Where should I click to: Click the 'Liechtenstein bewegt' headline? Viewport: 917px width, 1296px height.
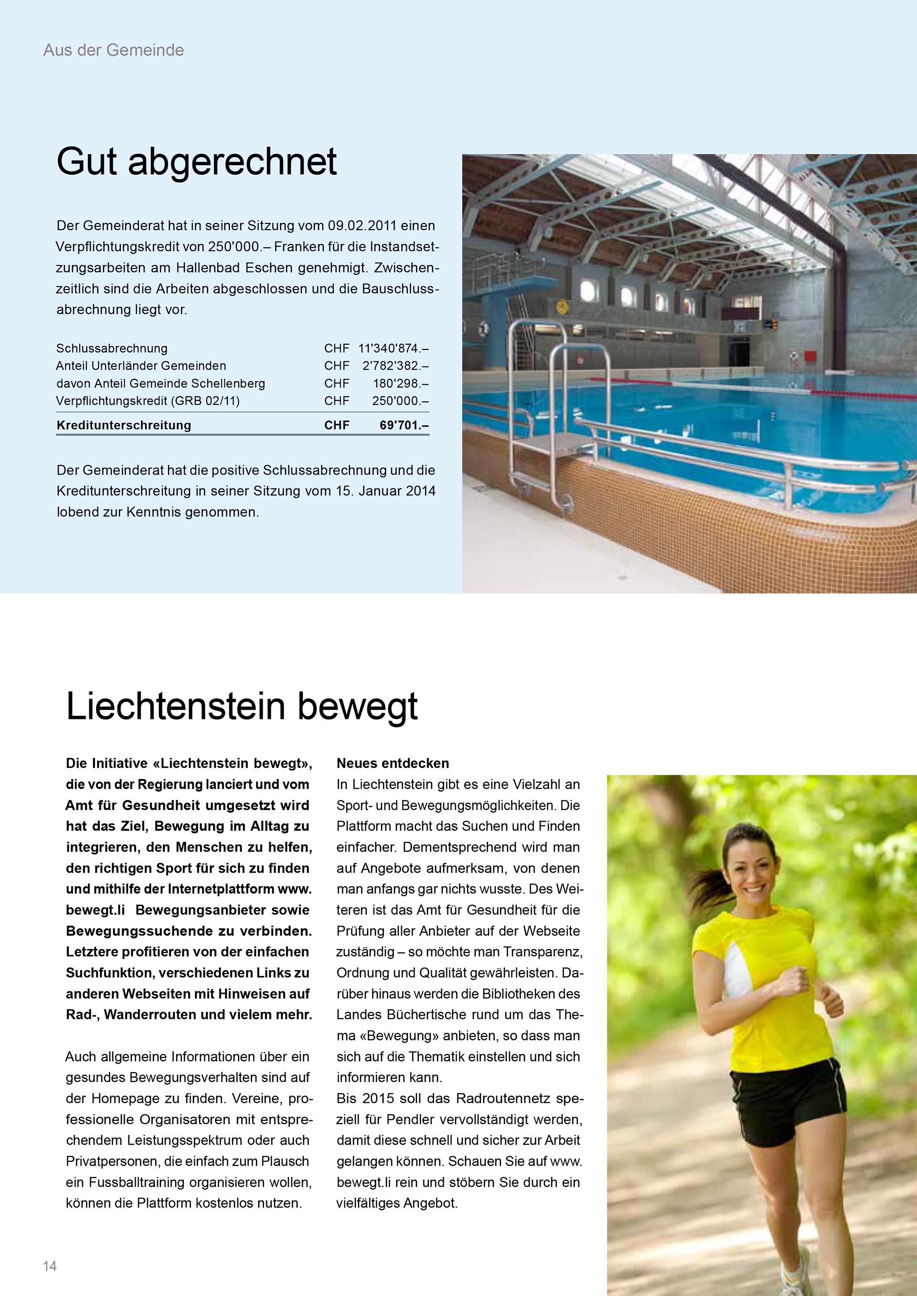click(x=242, y=706)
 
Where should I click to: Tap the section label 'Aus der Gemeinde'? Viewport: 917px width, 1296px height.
click(x=114, y=50)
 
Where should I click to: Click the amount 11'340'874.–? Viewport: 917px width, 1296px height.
click(x=393, y=348)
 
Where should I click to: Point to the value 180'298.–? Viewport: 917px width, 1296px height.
click(x=400, y=383)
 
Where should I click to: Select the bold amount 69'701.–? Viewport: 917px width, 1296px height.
click(x=404, y=425)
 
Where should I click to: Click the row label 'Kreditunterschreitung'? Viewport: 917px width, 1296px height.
click(x=124, y=425)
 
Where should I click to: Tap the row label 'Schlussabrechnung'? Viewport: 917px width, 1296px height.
click(x=112, y=348)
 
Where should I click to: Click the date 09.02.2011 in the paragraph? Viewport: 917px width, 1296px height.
click(x=363, y=226)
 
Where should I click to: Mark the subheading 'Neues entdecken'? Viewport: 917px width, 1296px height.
click(x=393, y=763)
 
